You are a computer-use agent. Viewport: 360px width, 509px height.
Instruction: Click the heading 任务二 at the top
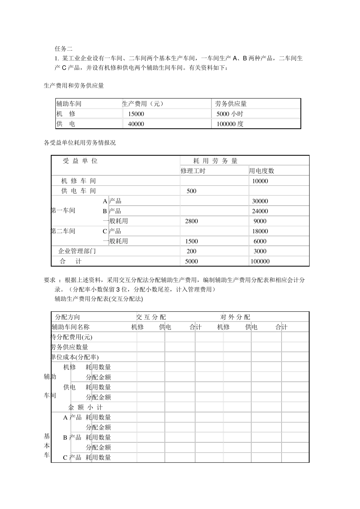click(63, 48)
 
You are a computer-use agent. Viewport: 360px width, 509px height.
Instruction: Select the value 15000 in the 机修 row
click(136, 114)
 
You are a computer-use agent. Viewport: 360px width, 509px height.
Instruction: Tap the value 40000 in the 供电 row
click(136, 124)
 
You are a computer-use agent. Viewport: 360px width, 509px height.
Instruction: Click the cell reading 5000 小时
click(230, 114)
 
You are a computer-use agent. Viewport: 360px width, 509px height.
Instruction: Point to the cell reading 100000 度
click(230, 124)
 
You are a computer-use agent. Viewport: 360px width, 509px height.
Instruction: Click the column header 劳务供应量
click(231, 104)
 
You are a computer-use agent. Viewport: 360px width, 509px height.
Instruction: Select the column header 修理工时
click(193, 171)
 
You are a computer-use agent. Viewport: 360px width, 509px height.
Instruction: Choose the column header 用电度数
click(261, 171)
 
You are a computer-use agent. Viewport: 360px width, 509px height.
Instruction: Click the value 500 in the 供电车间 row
click(191, 191)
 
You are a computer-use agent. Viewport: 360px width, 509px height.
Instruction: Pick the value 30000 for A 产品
click(260, 201)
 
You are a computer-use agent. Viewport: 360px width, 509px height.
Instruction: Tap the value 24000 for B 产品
click(260, 211)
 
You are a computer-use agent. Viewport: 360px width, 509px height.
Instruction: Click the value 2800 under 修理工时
click(191, 221)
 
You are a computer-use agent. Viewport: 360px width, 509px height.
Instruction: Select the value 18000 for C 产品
click(260, 231)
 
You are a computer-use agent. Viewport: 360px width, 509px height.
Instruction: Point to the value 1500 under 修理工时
click(191, 241)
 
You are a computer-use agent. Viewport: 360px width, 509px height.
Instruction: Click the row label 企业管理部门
click(77, 251)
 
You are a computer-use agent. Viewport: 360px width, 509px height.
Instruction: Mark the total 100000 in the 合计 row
click(260, 261)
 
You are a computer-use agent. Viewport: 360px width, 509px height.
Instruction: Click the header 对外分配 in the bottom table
click(235, 317)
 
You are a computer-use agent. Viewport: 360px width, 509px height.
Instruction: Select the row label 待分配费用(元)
click(72, 337)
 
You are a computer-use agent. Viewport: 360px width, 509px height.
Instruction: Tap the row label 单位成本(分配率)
click(75, 357)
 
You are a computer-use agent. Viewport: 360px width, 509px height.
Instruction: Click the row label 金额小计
click(85, 408)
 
